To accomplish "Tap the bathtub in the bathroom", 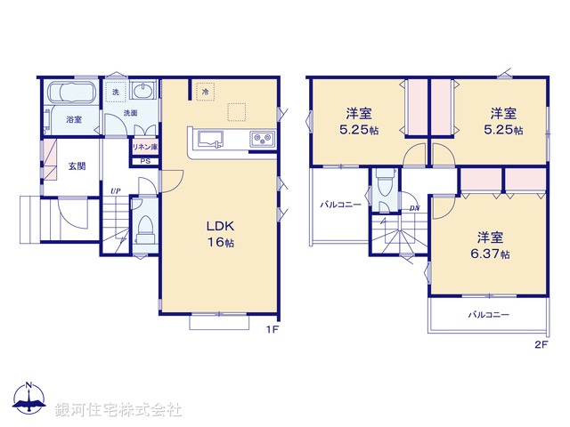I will [70, 93].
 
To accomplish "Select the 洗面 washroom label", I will [130, 113].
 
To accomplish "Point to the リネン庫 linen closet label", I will [144, 147].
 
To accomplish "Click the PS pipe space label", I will [145, 161].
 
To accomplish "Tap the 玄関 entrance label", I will [76, 166].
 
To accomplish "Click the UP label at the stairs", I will [116, 190].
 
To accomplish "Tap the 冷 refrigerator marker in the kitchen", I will [204, 91].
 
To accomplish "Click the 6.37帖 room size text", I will [492, 254].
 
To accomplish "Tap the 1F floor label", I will [273, 329].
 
